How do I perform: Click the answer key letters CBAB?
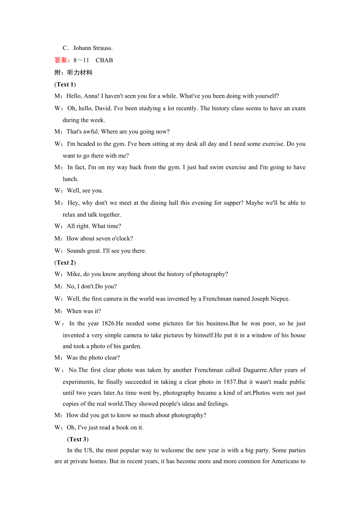[x=104, y=60]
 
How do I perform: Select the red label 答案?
[x=61, y=60]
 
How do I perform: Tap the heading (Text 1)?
[x=65, y=84]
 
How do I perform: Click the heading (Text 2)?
[x=65, y=263]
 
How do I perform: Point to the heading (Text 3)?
[x=78, y=439]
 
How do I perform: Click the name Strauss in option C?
[x=102, y=48]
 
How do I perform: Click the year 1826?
[x=108, y=324]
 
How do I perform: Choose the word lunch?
[x=70, y=179]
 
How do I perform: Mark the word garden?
[x=133, y=346]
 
